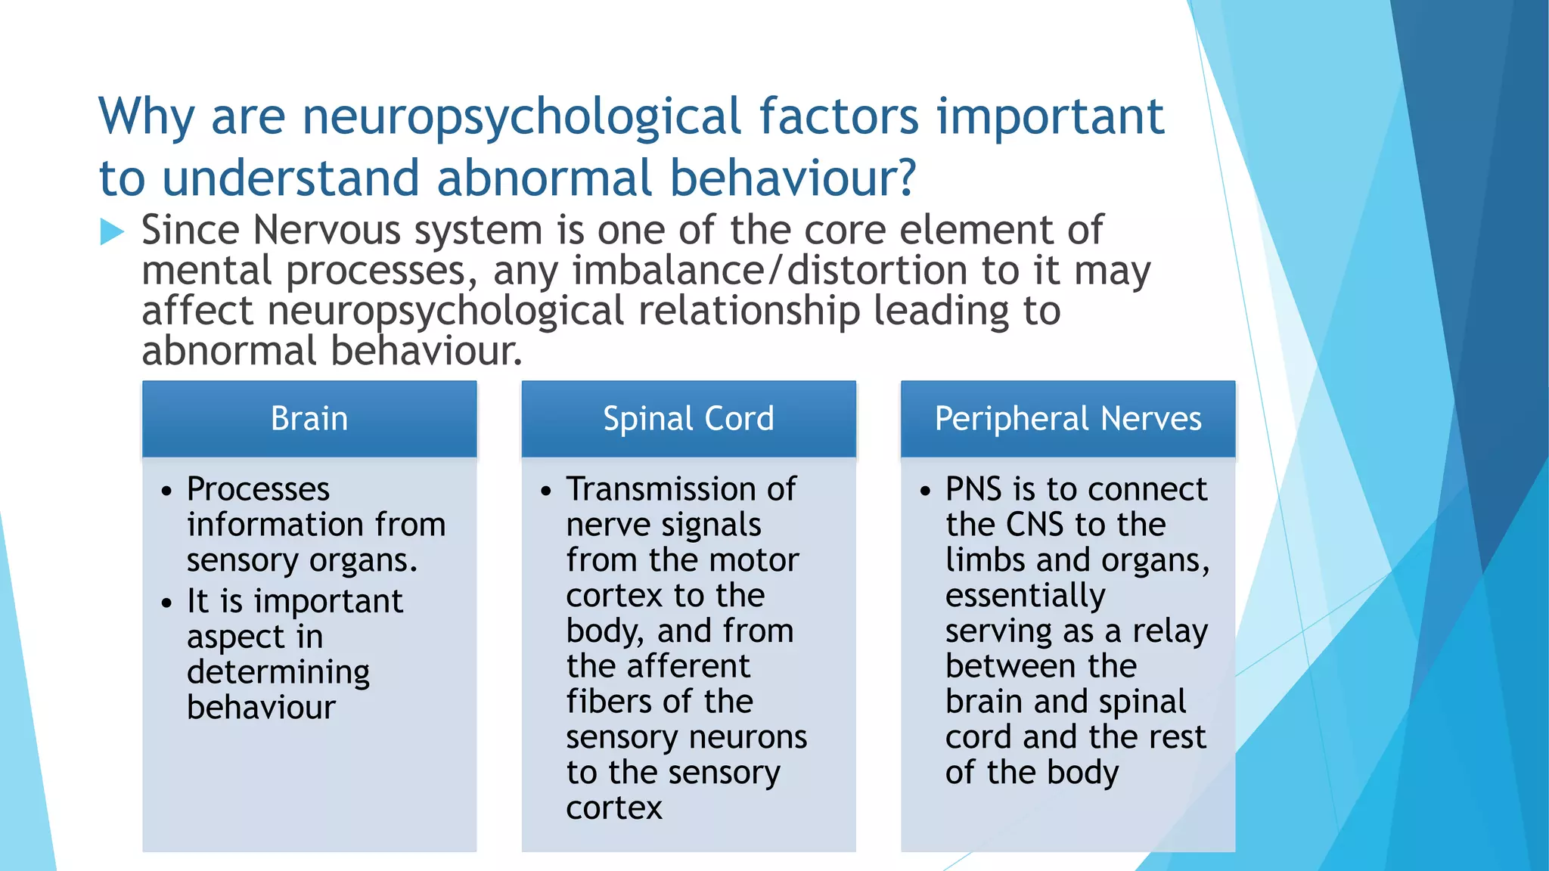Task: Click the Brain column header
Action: [x=309, y=419]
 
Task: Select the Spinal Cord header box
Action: [x=688, y=419]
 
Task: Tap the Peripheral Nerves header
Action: [x=1067, y=419]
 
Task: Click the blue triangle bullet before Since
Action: [x=112, y=232]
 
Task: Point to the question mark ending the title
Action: [x=905, y=178]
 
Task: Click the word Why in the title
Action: [x=147, y=118]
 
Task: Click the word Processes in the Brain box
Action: [x=258, y=490]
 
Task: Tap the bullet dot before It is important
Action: [x=167, y=603]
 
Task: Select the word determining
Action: [x=278, y=672]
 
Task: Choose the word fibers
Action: [x=602, y=702]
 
